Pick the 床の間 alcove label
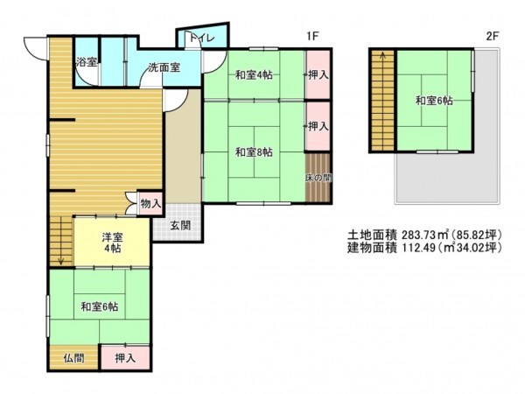(x=318, y=178)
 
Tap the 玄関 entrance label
(x=180, y=226)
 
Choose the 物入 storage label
(x=150, y=203)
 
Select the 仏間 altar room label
(x=73, y=357)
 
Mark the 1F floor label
(x=311, y=36)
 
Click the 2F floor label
(x=492, y=36)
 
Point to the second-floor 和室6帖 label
(x=434, y=101)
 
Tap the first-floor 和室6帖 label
(x=100, y=306)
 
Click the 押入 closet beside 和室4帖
(x=318, y=74)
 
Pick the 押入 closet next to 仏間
(x=125, y=357)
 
